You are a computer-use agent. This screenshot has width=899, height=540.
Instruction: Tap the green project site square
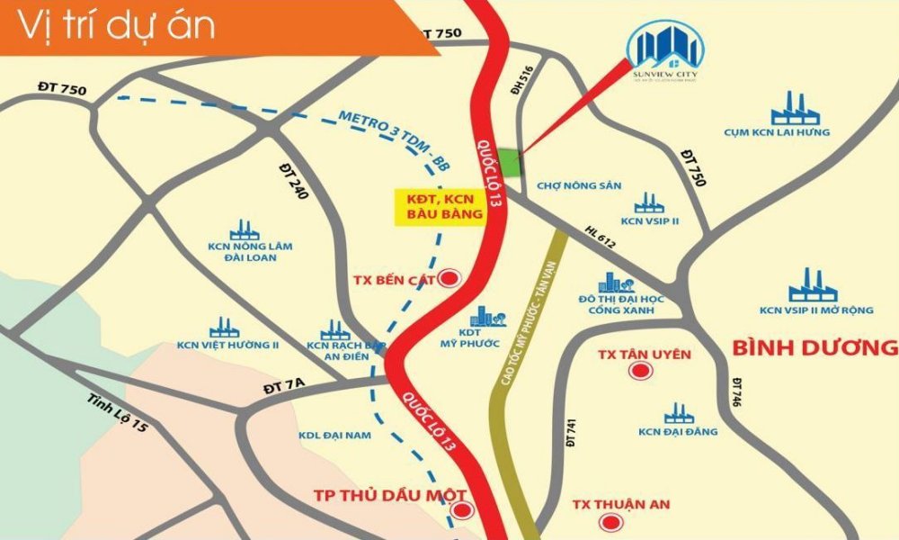510,163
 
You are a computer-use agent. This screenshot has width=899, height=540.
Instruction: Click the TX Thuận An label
621,504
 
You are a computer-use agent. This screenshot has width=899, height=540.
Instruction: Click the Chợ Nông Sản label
579,185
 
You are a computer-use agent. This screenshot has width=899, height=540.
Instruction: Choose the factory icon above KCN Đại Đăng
678,413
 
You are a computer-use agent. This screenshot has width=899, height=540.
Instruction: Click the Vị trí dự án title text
118,26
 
